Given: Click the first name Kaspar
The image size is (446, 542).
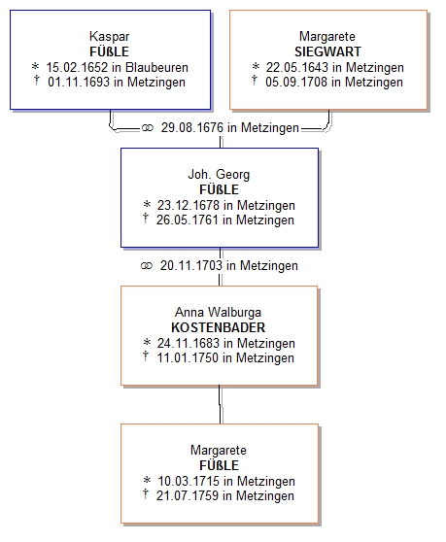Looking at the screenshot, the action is [x=109, y=36].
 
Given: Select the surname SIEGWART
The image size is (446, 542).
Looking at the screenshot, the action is [x=327, y=51].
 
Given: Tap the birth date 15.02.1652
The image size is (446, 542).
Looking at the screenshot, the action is [x=77, y=67].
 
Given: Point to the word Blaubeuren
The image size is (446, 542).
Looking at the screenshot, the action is [x=156, y=67].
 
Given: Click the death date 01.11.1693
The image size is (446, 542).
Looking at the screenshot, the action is [x=79, y=83].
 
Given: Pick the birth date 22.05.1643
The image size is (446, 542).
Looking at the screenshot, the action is [x=297, y=67].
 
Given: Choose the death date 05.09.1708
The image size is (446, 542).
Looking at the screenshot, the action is [x=296, y=83].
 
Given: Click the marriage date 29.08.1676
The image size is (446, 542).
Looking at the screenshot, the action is [x=192, y=127].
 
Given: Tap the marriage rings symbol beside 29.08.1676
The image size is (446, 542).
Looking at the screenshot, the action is [x=148, y=128].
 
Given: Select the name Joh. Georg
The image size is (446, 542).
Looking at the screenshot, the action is [x=219, y=174].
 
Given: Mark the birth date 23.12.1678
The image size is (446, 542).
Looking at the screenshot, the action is [x=189, y=205].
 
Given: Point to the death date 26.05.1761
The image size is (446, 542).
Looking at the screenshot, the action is [x=188, y=220].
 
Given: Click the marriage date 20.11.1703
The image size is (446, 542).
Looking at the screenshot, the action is [x=191, y=265].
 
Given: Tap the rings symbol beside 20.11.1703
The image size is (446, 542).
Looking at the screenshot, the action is [x=147, y=266].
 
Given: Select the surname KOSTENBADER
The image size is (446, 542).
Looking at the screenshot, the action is [x=219, y=327].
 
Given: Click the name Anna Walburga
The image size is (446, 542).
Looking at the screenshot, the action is [x=219, y=312].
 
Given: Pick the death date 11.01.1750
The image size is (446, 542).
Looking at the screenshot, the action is [x=189, y=357].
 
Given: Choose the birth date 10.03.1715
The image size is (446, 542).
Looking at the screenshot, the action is [x=189, y=481].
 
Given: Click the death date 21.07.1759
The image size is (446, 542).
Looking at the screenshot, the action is [x=188, y=495].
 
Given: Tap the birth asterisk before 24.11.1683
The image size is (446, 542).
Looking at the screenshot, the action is [x=147, y=342].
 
